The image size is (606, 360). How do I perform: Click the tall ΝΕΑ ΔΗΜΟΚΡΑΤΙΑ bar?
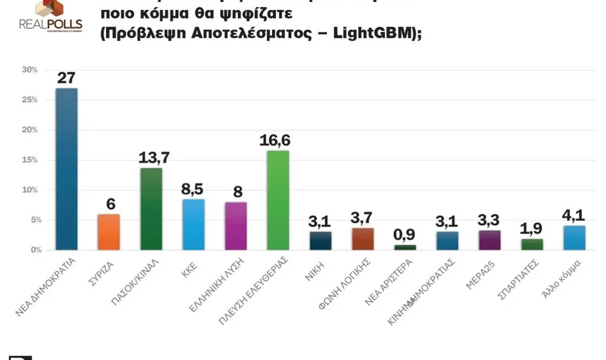click(x=66, y=169)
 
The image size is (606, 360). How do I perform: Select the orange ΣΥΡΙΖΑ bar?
click(x=109, y=232)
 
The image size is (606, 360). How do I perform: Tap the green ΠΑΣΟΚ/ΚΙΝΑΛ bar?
click(x=151, y=208)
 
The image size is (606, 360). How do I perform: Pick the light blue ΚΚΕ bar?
click(x=193, y=224)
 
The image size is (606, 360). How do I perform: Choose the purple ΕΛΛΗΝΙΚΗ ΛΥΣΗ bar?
click(x=235, y=225)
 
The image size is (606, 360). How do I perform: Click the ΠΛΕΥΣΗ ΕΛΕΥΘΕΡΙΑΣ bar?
click(x=278, y=200)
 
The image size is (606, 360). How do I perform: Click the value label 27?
click(x=66, y=78)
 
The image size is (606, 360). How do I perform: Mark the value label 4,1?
click(x=574, y=216)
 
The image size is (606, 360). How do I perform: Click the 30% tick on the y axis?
click(x=30, y=69)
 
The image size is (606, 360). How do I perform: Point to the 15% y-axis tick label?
click(x=30, y=160)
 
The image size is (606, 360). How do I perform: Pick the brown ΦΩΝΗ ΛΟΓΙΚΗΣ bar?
click(x=362, y=239)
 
